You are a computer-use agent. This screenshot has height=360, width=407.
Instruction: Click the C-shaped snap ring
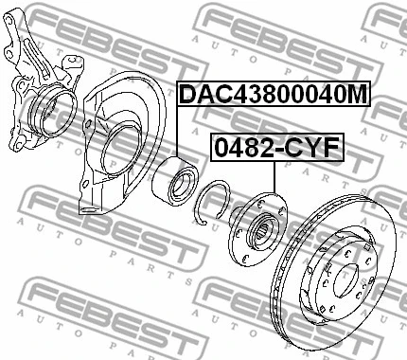coord(215,202)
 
